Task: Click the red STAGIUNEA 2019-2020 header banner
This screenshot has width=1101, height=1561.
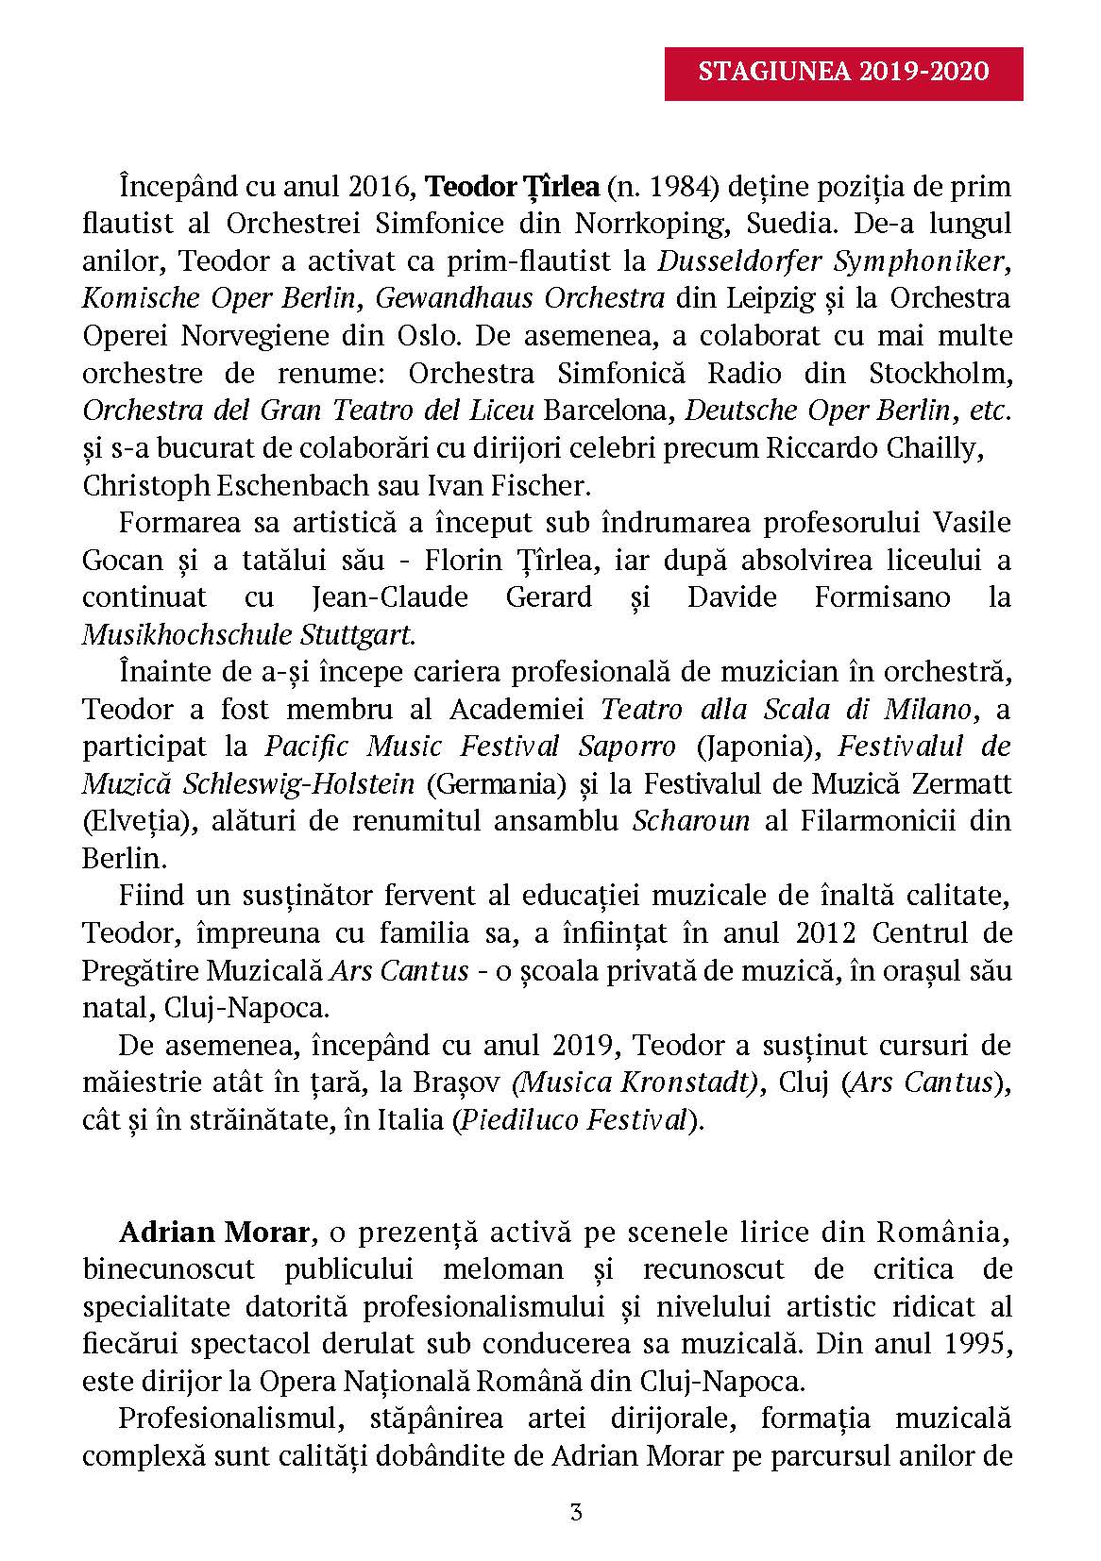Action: point(843,73)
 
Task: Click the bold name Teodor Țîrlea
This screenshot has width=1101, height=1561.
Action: point(513,186)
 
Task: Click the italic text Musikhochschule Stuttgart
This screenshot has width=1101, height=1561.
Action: point(248,634)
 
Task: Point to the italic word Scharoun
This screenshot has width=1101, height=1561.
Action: point(691,820)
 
